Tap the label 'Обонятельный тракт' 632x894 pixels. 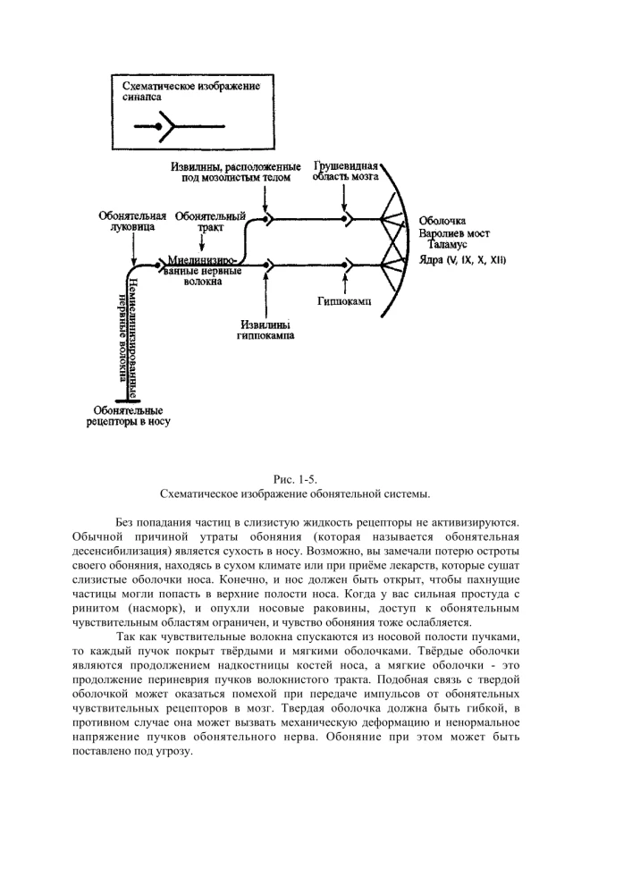coord(210,222)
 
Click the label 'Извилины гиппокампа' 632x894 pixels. coord(266,330)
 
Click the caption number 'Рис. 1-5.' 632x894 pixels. coord(294,480)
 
